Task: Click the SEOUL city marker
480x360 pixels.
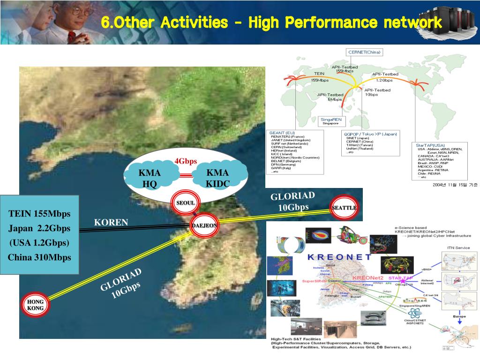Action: point(186,203)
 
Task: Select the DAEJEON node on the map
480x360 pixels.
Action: point(204,225)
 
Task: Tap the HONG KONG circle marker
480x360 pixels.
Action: point(35,305)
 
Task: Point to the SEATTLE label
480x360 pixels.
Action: point(344,208)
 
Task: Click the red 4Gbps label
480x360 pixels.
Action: point(186,161)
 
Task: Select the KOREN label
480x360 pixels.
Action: point(111,222)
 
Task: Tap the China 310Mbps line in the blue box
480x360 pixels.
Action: point(39,257)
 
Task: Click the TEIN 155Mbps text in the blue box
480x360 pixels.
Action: point(39,214)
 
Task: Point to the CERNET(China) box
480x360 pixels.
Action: point(364,52)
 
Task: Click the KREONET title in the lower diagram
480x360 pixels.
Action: point(339,256)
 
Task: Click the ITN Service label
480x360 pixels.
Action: point(458,247)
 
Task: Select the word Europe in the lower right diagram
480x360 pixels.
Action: point(459,316)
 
